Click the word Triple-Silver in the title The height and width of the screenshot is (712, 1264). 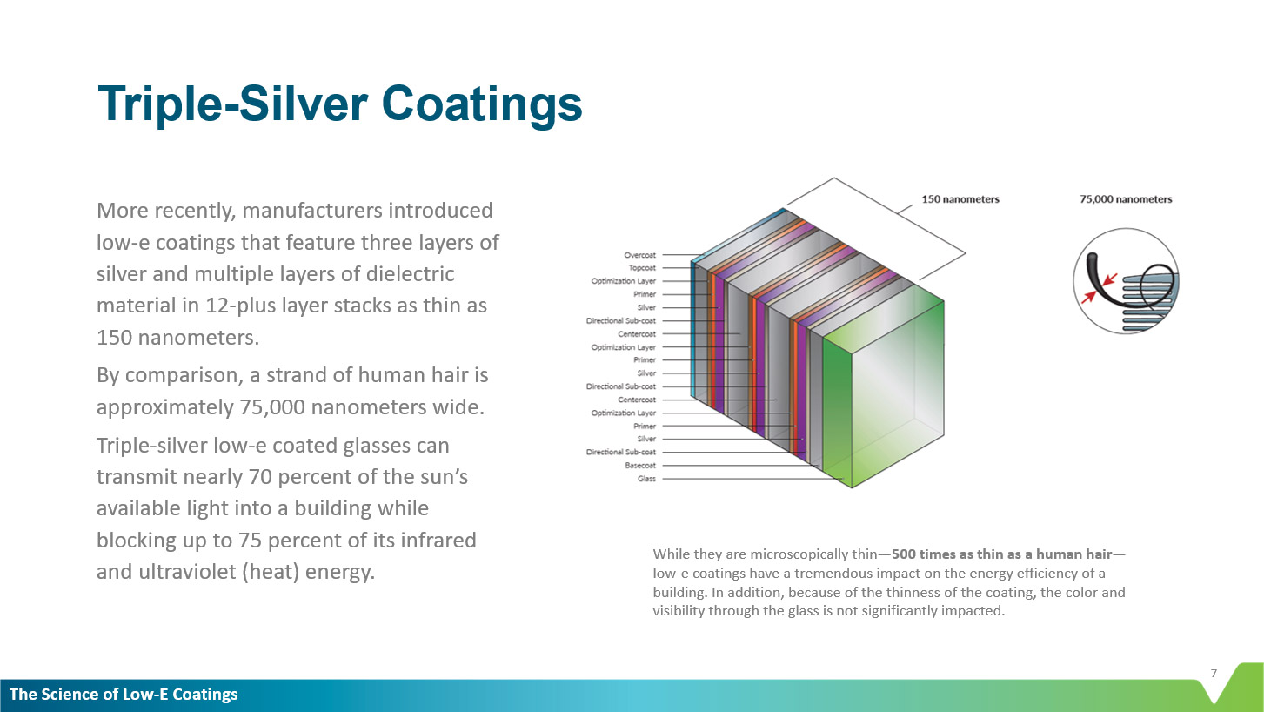point(232,104)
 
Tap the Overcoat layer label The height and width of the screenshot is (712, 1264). point(640,255)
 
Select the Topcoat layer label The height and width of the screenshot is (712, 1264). point(642,268)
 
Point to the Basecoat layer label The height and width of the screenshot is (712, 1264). point(640,466)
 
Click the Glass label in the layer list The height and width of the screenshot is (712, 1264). point(646,479)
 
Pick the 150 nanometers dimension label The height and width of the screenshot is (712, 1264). point(960,199)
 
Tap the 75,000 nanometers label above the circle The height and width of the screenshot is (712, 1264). point(1126,199)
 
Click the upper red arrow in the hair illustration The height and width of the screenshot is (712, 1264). point(1109,279)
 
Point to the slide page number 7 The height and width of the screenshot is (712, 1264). point(1214,673)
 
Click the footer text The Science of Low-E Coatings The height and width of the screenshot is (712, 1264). point(124,695)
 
